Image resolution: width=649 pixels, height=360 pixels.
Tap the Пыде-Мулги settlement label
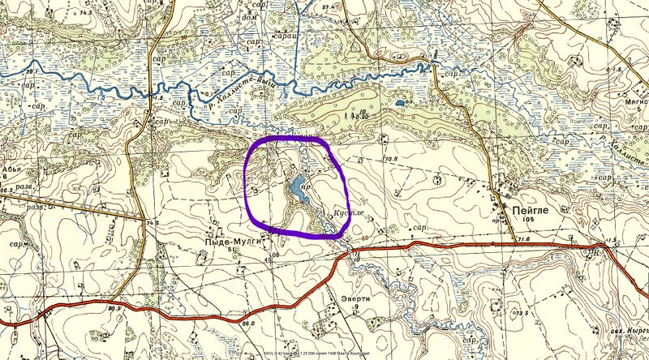pyautogui.click(x=221, y=241)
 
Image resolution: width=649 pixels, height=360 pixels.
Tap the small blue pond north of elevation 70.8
pyautogui.click(x=400, y=105)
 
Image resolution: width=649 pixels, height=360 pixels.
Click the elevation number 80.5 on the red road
pyautogui.click(x=113, y=309)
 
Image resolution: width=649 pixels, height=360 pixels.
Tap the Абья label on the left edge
pyautogui.click(x=10, y=181)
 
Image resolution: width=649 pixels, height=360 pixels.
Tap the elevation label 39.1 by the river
pyautogui.click(x=31, y=72)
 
